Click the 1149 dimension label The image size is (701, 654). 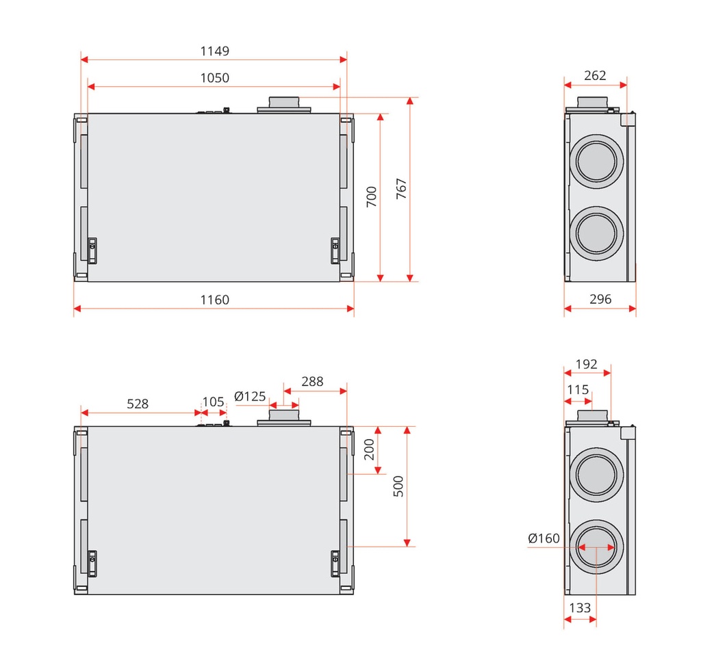point(214,51)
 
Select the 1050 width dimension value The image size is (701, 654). point(214,78)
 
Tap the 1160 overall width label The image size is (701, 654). point(214,300)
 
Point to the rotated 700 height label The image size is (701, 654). point(372,196)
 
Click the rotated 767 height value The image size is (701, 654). point(401,189)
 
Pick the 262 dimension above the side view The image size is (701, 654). point(595,75)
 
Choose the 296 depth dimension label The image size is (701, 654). point(600,300)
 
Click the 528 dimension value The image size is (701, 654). point(138,404)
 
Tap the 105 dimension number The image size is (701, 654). point(214,402)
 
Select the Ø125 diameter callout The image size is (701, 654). point(250,396)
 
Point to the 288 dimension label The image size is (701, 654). point(312,382)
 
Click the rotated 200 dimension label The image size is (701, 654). point(369,449)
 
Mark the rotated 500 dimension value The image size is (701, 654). point(398,486)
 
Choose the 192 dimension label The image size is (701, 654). point(587,365)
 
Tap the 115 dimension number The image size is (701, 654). point(578,389)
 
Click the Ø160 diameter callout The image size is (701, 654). point(544,538)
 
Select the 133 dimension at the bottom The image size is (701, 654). point(580,608)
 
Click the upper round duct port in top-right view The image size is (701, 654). point(596,161)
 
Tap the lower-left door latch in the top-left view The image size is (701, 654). point(92,250)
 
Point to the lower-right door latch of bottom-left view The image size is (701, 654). point(335,564)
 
